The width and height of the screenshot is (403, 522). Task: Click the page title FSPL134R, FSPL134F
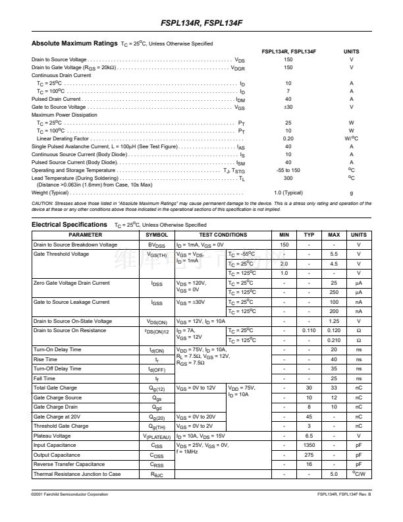click(x=201, y=24)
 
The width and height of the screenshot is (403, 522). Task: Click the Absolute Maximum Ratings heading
click(x=74, y=43)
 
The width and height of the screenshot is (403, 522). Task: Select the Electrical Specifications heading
click(x=70, y=225)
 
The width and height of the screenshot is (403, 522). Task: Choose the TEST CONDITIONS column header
click(x=223, y=235)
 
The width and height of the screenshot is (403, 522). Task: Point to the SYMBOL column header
click(x=157, y=235)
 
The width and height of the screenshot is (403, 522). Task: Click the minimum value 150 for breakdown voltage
click(x=284, y=245)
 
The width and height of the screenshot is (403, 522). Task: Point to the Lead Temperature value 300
click(x=288, y=178)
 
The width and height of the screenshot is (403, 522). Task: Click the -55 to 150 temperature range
click(x=288, y=170)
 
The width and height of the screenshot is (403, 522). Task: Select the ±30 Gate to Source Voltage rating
click(x=288, y=107)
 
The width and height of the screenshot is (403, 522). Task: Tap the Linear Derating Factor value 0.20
click(x=288, y=138)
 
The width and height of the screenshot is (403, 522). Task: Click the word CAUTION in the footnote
click(x=43, y=204)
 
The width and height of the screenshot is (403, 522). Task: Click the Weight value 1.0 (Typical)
click(x=288, y=192)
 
